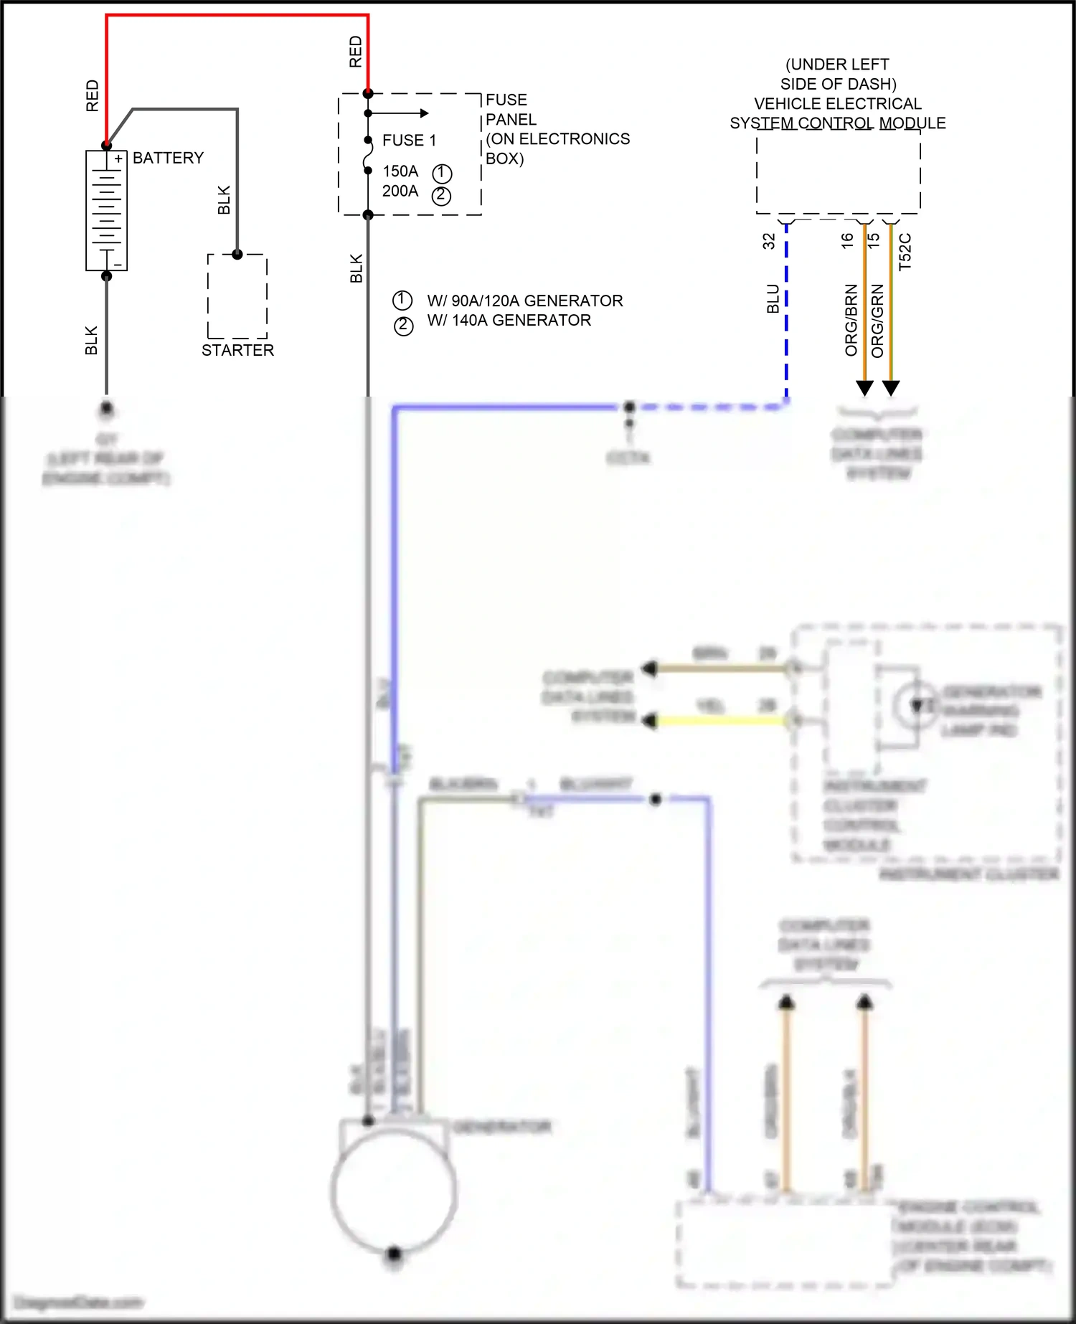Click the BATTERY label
coord(168,158)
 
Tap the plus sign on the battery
coord(118,159)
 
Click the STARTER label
coord(237,350)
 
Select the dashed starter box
coord(237,297)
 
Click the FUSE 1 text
coord(409,141)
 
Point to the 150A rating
coord(400,171)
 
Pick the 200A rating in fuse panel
coord(400,191)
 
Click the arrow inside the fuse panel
coord(423,113)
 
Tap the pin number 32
coord(769,240)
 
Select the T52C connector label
coord(905,251)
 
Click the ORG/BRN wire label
coord(851,321)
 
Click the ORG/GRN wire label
coord(877,321)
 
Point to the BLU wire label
coord(773,299)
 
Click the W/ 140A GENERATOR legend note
coord(509,321)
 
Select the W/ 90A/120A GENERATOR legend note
coord(524,301)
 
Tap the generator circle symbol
coord(394,1191)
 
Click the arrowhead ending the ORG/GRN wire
coord(891,388)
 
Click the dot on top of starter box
coord(237,254)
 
